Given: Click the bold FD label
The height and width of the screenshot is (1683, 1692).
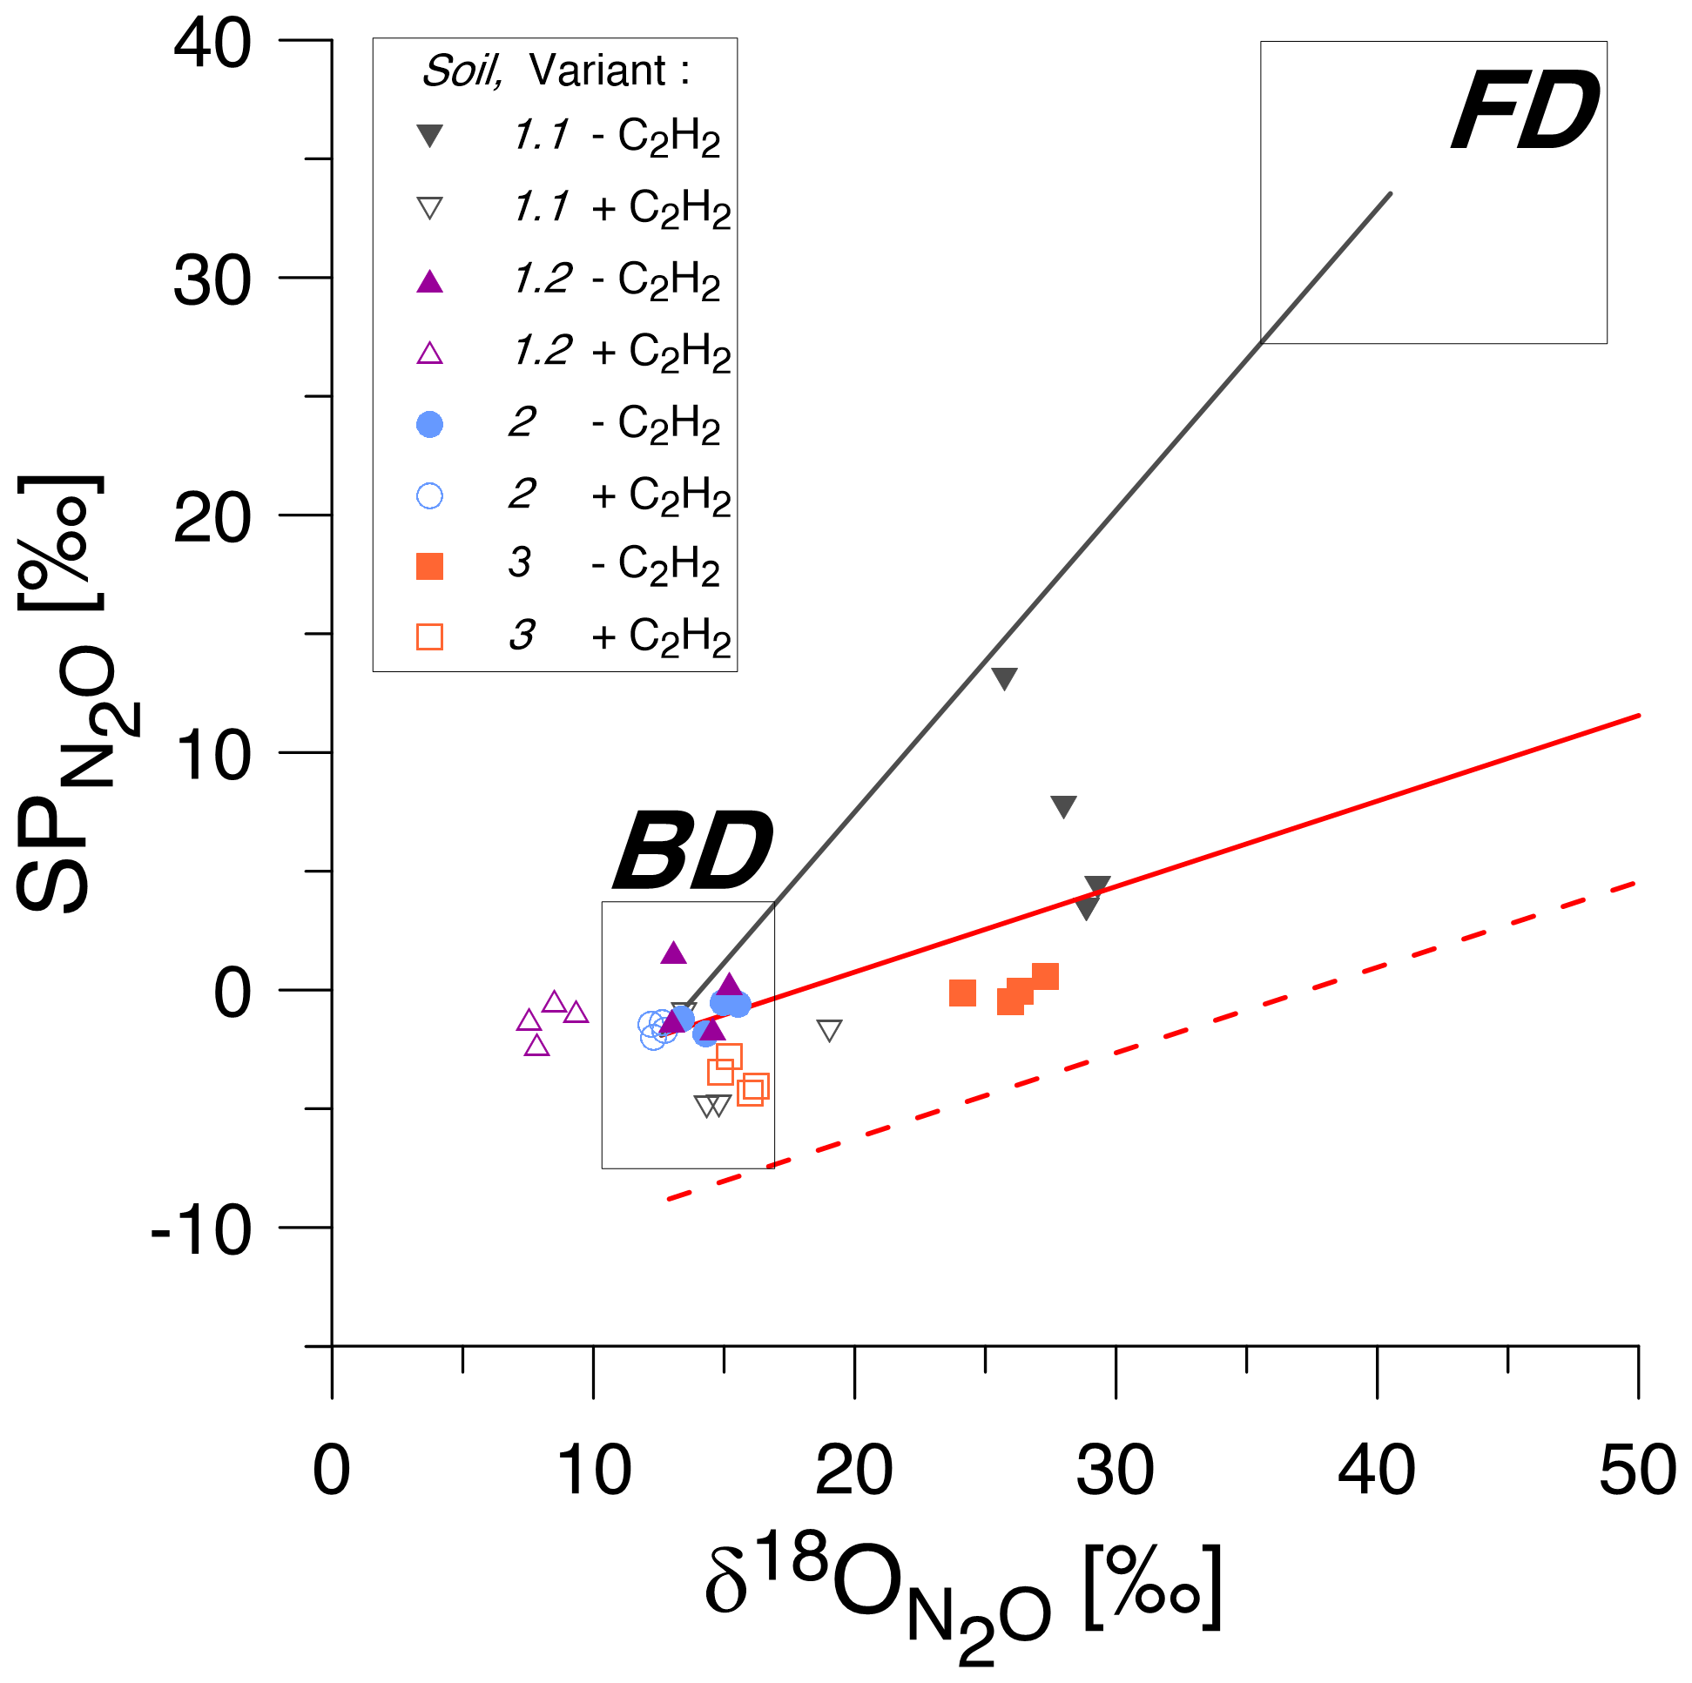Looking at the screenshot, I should pos(1525,111).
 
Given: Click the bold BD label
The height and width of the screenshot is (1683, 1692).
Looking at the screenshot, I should pos(693,851).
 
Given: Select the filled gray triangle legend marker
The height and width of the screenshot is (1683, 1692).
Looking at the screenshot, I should pos(429,136).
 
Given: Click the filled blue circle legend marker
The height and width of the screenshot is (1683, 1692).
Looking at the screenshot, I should pos(429,425).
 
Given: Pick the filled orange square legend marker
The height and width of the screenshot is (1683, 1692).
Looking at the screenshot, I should pos(429,567).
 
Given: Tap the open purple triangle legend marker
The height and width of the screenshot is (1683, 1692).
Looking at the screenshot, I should pos(429,353).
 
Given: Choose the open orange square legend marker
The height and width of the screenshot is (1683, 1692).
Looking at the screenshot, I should pos(429,636).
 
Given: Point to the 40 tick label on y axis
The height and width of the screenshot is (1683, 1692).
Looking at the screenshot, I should pos(212,43).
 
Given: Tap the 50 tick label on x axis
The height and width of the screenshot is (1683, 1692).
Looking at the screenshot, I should pos(1637,1471).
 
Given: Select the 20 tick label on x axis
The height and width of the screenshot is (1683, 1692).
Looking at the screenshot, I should pos(854,1471).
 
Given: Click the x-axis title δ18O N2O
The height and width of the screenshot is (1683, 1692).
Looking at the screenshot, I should pos(963,1593).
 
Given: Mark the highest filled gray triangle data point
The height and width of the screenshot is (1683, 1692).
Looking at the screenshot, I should pos(1004,677).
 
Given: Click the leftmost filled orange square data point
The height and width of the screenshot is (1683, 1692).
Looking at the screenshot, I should pos(962,993).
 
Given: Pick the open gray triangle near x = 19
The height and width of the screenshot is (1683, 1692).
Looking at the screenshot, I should pos(828,1030).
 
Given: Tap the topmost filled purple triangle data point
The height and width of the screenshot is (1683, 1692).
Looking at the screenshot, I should pos(672,953).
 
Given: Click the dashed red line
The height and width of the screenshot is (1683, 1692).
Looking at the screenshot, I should pos(1138,1047).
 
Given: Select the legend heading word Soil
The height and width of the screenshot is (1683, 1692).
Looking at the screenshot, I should pos(462,70).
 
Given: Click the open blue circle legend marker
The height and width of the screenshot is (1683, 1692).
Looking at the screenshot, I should pos(429,496).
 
